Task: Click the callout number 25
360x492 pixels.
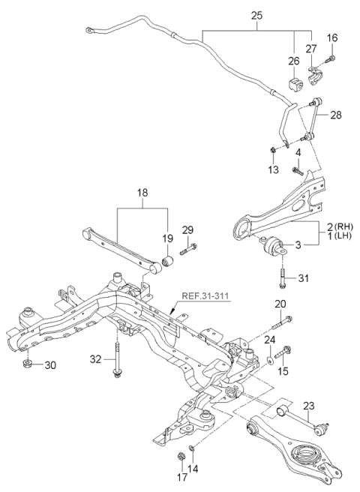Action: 257,14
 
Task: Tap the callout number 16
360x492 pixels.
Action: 333,37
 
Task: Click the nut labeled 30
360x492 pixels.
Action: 28,364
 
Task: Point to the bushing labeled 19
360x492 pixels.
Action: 168,261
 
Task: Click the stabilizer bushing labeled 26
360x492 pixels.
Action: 293,81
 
